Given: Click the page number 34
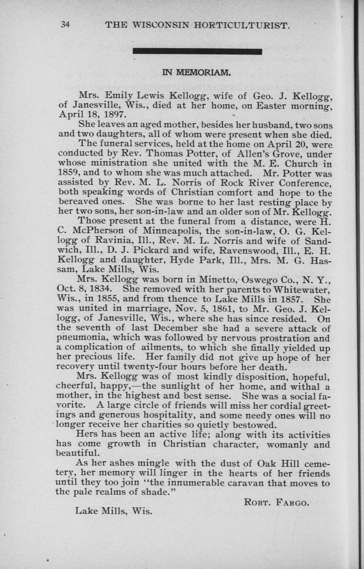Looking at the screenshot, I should (x=65, y=25).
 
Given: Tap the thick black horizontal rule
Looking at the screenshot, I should (x=197, y=52).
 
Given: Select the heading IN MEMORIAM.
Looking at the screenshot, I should (x=196, y=73).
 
